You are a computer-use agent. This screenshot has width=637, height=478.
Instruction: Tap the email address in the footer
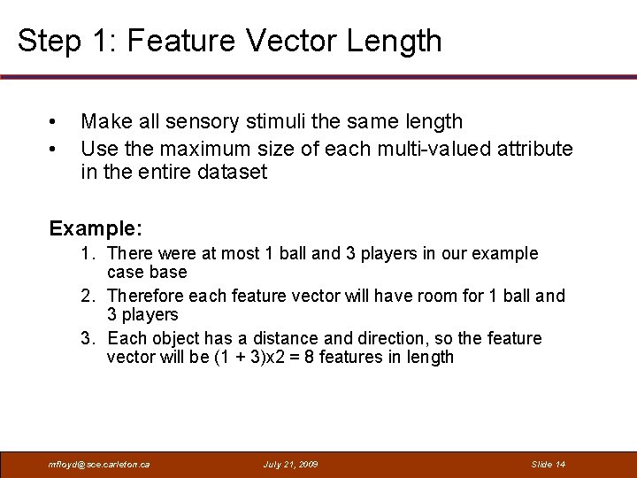pyautogui.click(x=98, y=464)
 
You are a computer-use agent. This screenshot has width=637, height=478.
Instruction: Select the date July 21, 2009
pyautogui.click(x=291, y=464)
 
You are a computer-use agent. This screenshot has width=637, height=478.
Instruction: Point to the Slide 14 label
pyautogui.click(x=548, y=464)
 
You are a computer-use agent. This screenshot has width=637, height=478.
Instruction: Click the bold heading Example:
pyautogui.click(x=96, y=228)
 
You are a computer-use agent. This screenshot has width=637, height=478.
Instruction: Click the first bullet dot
pyautogui.click(x=54, y=122)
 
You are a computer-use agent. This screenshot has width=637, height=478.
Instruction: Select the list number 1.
pyautogui.click(x=87, y=253)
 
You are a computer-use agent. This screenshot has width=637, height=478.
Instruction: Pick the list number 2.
pyautogui.click(x=87, y=296)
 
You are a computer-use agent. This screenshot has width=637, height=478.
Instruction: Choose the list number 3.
pyautogui.click(x=87, y=338)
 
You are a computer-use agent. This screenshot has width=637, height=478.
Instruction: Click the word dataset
pyautogui.click(x=234, y=172)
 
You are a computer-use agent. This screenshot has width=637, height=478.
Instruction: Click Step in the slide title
pyautogui.click(x=47, y=41)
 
